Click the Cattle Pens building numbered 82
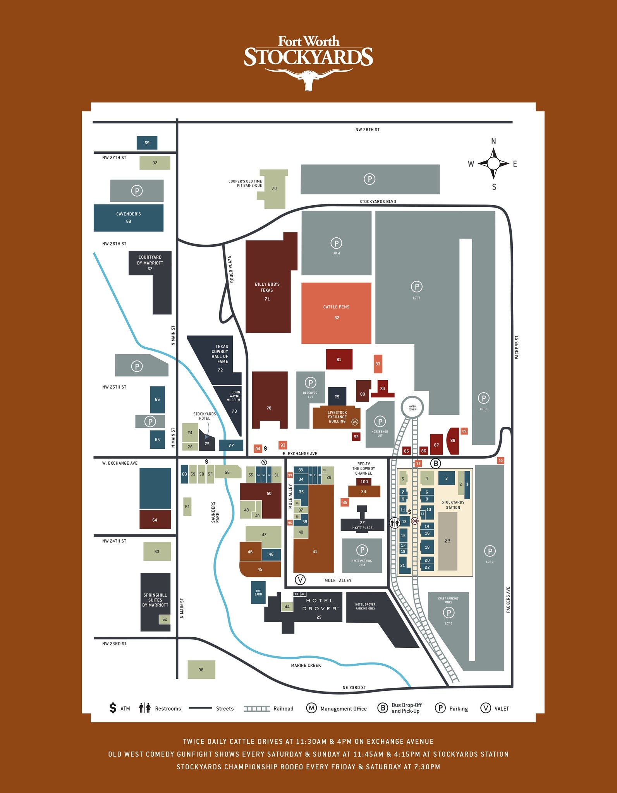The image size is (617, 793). click(336, 313)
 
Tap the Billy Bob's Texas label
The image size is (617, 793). click(267, 287)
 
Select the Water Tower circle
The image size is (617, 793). click(412, 407)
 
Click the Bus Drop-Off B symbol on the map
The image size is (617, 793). click(436, 463)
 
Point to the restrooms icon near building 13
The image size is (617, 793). click(395, 523)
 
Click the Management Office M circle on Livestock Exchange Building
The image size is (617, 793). click(355, 422)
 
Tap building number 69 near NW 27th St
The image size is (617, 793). click(147, 142)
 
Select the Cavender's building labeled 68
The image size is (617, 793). click(128, 218)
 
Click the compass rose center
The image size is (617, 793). click(493, 163)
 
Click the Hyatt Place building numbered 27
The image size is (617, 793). click(362, 525)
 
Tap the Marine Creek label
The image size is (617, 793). click(306, 665)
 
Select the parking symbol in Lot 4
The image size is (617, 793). click(336, 243)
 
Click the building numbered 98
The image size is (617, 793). click(201, 669)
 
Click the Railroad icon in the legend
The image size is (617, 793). click(256, 709)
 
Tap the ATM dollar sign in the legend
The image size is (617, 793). click(113, 708)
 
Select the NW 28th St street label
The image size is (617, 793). click(367, 130)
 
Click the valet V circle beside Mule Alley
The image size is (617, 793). click(300, 580)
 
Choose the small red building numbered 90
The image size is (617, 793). click(500, 461)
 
